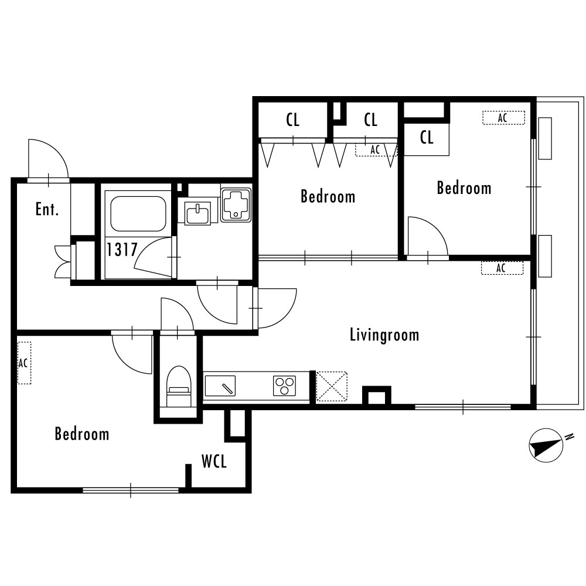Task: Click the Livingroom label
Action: pos(384,335)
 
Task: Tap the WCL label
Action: pos(214,461)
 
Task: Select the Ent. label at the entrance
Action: pos(47,209)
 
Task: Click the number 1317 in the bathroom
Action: pos(122,249)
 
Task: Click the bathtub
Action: pos(138,214)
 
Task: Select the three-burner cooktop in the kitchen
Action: pos(284,386)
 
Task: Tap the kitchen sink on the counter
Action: pos(220,386)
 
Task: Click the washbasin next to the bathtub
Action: pos(197,214)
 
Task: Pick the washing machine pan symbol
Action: pos(236,205)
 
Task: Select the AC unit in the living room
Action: pos(502,268)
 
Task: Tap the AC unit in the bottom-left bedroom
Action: pos(24,363)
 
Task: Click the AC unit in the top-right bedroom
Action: pos(503,118)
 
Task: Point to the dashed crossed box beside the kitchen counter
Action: pos(332,387)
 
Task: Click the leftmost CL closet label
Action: pos(293,120)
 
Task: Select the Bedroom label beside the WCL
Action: pos(82,434)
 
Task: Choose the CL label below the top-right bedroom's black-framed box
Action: pos(427,138)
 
